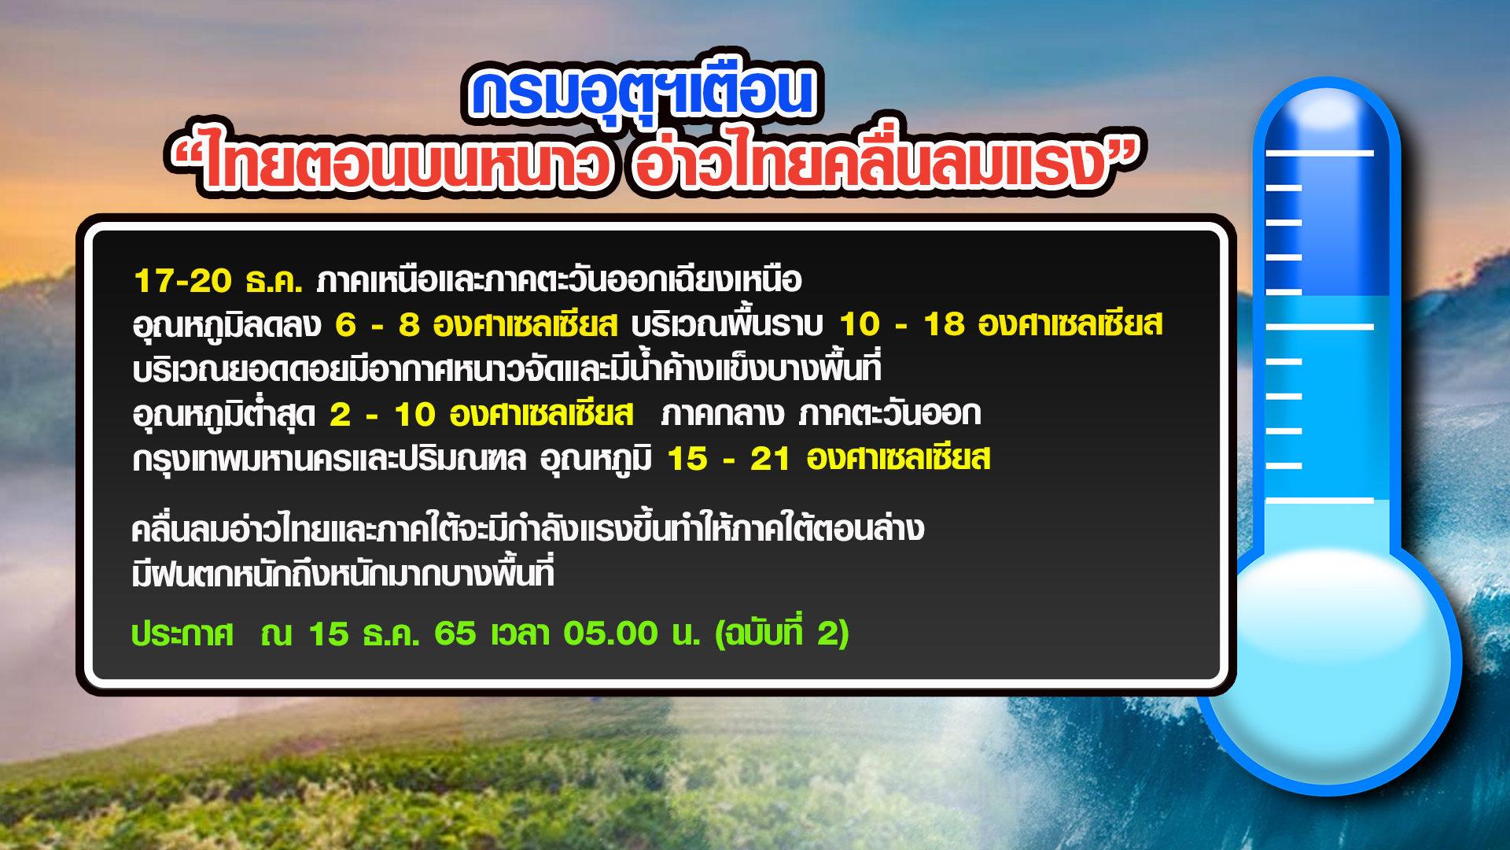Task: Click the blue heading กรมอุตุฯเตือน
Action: pyautogui.click(x=642, y=92)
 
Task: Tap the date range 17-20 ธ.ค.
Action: pyautogui.click(x=218, y=281)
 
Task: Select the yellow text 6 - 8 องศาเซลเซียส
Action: pyautogui.click(x=477, y=324)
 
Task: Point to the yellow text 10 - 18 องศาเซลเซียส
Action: pyautogui.click(x=1001, y=324)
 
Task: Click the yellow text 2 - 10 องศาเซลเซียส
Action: pyautogui.click(x=481, y=414)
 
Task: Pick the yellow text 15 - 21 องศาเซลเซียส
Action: pyautogui.click(x=829, y=458)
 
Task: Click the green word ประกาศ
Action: pyautogui.click(x=182, y=634)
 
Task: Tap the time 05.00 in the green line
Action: pyautogui.click(x=610, y=634)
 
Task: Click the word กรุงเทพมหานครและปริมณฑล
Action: pyautogui.click(x=330, y=459)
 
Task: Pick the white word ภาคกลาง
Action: pyautogui.click(x=723, y=414)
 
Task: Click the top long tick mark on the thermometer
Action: pyautogui.click(x=1320, y=153)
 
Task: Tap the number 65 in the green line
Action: pyautogui.click(x=455, y=634)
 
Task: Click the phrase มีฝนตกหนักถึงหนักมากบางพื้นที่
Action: pyautogui.click(x=343, y=572)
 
